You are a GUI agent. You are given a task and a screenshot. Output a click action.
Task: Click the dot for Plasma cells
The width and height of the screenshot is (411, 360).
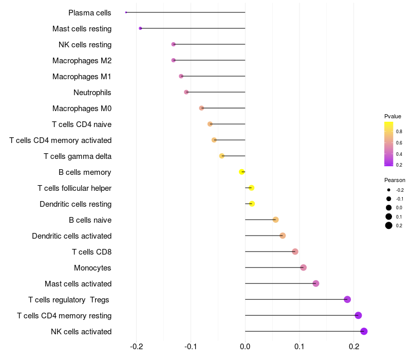(126, 12)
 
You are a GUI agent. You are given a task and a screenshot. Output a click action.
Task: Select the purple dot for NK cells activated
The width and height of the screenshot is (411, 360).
(364, 331)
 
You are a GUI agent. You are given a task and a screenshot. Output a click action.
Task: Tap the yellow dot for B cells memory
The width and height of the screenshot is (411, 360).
(242, 172)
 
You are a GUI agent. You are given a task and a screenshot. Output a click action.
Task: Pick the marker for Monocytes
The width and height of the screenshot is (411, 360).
(304, 267)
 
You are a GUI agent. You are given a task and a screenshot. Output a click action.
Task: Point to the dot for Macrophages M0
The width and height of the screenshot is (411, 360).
(202, 108)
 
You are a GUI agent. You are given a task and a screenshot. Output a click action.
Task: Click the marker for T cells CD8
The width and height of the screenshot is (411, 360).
(295, 251)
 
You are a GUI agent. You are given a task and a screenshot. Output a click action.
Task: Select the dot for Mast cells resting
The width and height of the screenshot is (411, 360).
(140, 28)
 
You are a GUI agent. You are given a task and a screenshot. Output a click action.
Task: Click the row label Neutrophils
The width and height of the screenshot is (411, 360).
(92, 93)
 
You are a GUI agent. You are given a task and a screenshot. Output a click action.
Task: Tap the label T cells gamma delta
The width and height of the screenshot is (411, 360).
(78, 156)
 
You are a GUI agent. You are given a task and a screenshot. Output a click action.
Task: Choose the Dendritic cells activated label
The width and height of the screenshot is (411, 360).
(72, 236)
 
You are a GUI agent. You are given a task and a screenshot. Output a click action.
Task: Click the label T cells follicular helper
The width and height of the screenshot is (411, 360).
(74, 188)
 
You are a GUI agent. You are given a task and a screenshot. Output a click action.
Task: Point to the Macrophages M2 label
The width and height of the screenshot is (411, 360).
(82, 61)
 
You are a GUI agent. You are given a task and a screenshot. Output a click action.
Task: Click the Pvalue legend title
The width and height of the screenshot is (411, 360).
(393, 116)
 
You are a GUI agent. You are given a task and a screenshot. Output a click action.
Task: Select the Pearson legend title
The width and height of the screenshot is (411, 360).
(395, 181)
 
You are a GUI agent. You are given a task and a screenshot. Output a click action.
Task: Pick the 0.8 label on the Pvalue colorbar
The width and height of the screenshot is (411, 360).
(399, 132)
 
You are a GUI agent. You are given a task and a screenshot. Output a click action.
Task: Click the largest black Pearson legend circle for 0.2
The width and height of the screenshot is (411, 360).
(389, 225)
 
